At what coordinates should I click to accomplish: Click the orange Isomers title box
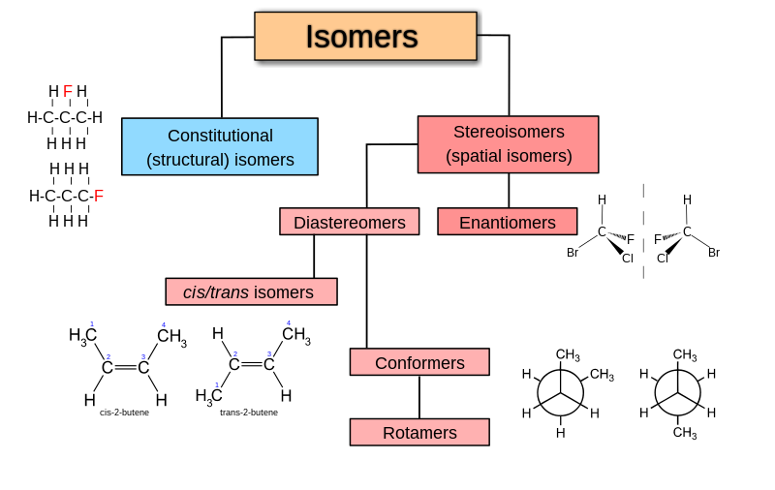[365, 36]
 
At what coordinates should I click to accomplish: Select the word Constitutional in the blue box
[220, 136]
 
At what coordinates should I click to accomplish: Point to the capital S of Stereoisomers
[459, 132]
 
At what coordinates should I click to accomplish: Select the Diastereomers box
[349, 222]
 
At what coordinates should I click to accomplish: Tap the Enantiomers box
[507, 222]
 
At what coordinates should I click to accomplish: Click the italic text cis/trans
[215, 292]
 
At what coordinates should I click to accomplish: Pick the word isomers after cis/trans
[284, 292]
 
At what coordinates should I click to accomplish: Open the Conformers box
[419, 362]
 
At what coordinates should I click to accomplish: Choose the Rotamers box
[419, 432]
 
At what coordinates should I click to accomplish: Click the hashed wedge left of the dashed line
[617, 236]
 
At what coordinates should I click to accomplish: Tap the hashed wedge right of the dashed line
[671, 236]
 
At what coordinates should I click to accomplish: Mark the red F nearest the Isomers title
[68, 92]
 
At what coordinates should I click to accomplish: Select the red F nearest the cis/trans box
[99, 196]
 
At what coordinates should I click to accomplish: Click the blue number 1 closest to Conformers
[217, 385]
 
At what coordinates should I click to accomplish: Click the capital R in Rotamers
[388, 433]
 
